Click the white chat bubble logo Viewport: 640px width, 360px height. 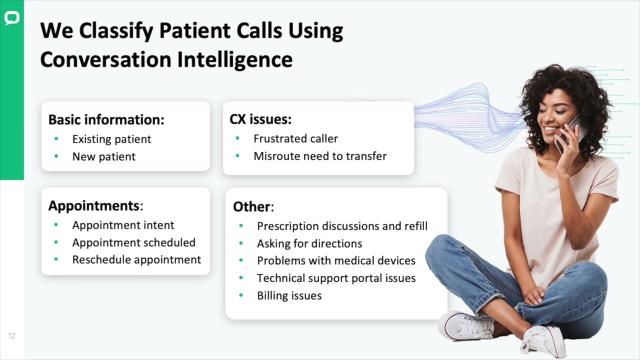click(12, 18)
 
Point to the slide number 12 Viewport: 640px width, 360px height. click(11, 335)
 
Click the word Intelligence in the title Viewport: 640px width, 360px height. click(235, 60)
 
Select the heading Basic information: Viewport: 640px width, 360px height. click(106, 119)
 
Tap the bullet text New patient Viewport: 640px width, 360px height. click(103, 156)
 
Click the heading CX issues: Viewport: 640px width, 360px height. click(260, 119)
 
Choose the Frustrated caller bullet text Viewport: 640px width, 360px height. click(295, 139)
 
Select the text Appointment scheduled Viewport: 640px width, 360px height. click(133, 242)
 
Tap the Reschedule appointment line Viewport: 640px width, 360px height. click(136, 259)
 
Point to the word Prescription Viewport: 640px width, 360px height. click(288, 226)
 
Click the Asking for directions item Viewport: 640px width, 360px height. click(309, 243)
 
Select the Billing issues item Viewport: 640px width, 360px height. click(289, 295)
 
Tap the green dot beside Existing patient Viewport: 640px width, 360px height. click(56, 139)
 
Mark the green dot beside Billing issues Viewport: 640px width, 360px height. click(241, 295)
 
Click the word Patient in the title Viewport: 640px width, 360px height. click(195, 30)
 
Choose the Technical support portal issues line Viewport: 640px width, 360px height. click(336, 278)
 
